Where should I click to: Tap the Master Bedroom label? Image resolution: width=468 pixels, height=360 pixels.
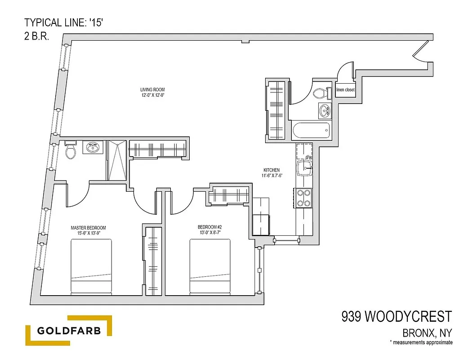click(x=88, y=230)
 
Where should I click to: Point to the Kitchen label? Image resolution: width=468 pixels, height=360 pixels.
click(x=272, y=173)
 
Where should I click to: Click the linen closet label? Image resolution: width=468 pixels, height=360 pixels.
click(x=345, y=90)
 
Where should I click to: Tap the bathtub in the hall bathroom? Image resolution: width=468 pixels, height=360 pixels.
click(x=311, y=132)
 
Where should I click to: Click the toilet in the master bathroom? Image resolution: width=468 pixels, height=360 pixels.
click(x=71, y=151)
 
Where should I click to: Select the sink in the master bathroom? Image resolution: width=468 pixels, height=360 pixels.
click(x=94, y=147)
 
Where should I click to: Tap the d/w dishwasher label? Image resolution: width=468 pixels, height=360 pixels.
click(x=309, y=157)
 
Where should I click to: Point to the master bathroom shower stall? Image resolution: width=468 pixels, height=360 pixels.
click(x=116, y=160)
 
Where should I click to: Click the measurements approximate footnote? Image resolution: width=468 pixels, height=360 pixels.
click(x=421, y=343)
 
